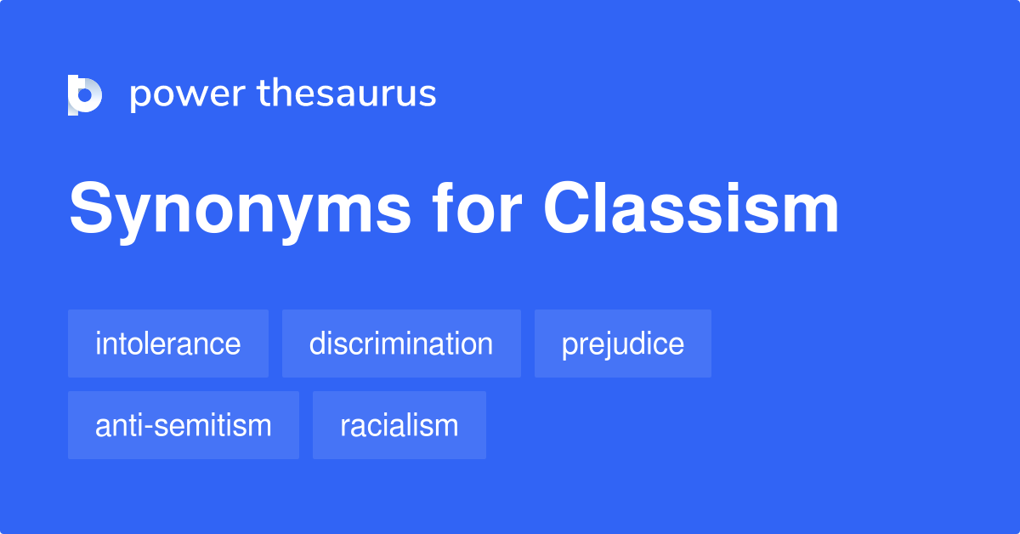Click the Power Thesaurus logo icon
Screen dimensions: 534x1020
[x=85, y=94]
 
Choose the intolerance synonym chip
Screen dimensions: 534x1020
[x=167, y=344]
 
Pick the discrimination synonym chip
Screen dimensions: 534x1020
[x=401, y=344]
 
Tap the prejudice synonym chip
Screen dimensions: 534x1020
[x=622, y=344]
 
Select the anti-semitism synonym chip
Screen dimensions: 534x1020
[x=183, y=425]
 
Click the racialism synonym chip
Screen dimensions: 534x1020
[x=399, y=425]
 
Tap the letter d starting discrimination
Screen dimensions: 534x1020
[x=317, y=344]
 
